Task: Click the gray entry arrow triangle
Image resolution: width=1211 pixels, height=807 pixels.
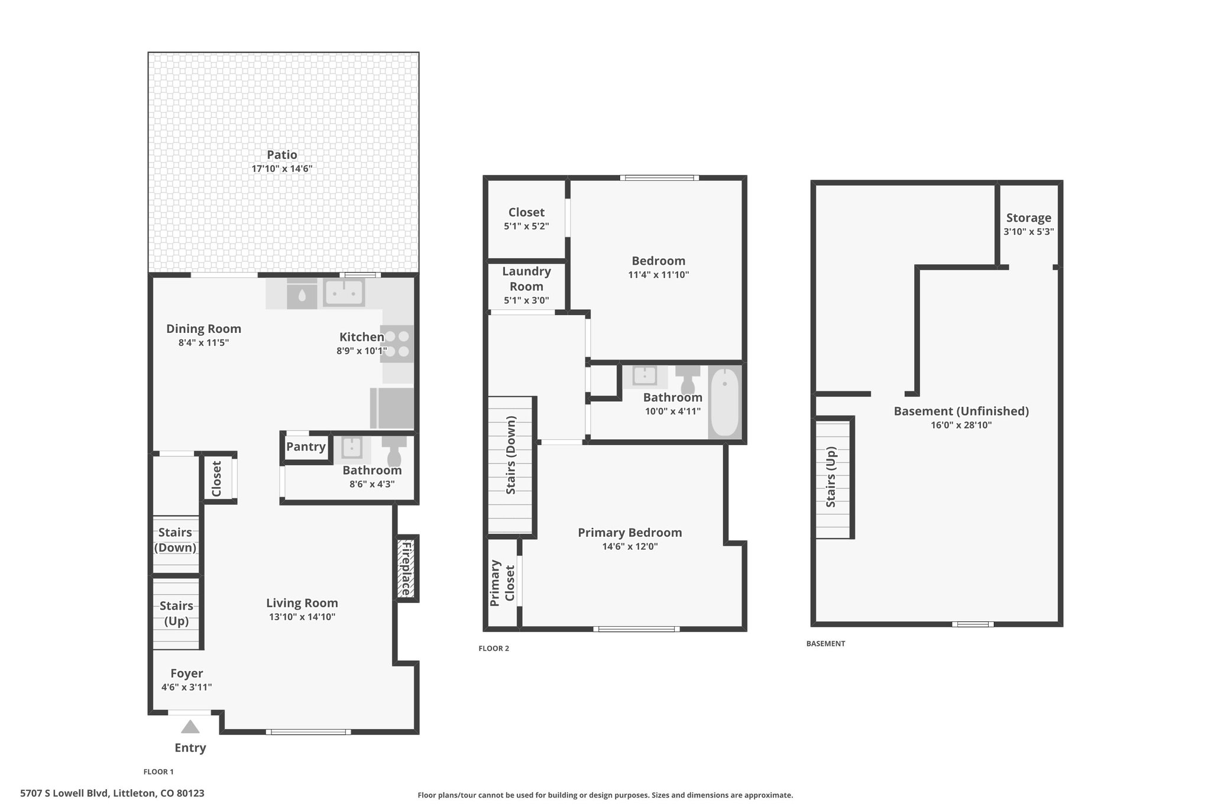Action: pos(190,727)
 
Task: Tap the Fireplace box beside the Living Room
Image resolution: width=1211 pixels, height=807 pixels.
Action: pos(407,568)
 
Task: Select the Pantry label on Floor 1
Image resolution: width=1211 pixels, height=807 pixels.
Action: pos(306,447)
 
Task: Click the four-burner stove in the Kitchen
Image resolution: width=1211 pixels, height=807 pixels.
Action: pos(397,344)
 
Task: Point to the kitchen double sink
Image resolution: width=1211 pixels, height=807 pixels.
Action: pos(344,293)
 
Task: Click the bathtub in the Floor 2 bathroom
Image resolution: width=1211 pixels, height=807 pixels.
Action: pos(724,402)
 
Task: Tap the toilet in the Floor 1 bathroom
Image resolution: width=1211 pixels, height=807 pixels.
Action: pos(394,451)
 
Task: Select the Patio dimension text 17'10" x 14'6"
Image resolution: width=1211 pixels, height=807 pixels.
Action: pos(282,169)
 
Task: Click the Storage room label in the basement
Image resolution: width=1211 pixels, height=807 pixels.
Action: pos(1029,218)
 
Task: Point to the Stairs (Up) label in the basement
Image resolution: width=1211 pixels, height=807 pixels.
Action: pos(831,477)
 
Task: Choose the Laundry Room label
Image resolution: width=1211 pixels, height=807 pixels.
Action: pos(526,278)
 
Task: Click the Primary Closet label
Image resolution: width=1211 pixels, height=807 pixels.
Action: pos(502,582)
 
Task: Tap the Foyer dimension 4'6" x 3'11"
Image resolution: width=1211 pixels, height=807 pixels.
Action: pos(187,687)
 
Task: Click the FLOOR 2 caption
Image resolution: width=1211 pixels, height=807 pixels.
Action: pos(494,649)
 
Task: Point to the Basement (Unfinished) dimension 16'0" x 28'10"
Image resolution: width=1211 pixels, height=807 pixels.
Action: pos(961,425)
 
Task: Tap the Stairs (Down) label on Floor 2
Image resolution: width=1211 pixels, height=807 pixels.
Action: pos(511,455)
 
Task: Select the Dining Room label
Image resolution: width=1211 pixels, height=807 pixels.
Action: pos(203,329)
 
